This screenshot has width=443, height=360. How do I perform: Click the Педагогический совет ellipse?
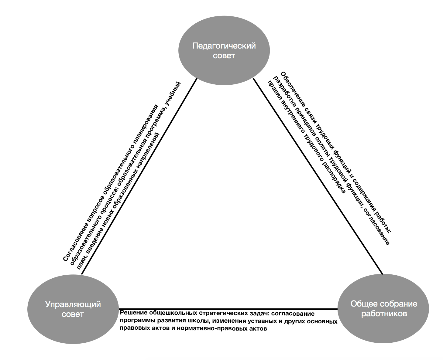(224, 50)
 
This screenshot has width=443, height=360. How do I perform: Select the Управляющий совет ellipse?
(73, 309)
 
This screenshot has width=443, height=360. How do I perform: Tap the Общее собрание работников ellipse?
(383, 308)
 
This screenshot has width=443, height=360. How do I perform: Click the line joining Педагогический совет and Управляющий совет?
(139, 176)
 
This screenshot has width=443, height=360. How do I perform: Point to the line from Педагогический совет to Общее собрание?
(318, 176)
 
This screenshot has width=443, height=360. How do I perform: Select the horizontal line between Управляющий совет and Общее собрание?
(228, 309)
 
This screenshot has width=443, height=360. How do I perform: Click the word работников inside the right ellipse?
(384, 314)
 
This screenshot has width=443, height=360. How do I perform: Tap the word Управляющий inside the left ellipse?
(73, 305)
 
